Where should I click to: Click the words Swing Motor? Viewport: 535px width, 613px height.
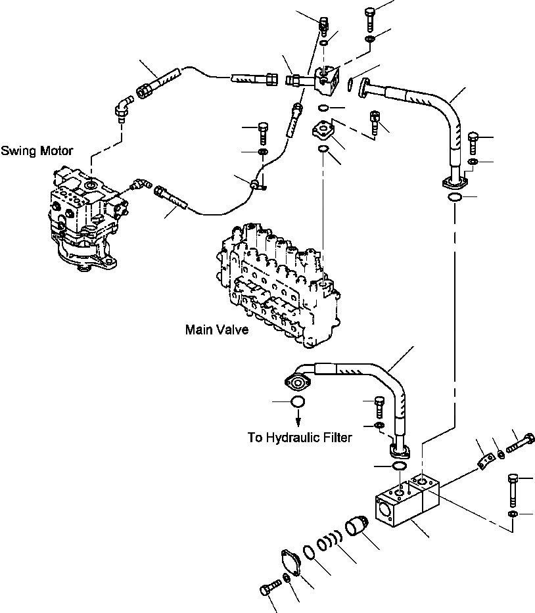[x=37, y=151]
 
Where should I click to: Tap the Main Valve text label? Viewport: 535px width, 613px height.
[x=217, y=330]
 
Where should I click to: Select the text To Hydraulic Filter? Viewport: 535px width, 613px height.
[x=299, y=437]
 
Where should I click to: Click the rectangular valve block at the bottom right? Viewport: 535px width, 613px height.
[x=406, y=503]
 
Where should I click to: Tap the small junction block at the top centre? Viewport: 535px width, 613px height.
[x=327, y=78]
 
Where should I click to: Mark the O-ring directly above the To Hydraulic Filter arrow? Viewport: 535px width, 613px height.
[x=297, y=401]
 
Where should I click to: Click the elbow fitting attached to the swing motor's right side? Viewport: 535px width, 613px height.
[x=139, y=185]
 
